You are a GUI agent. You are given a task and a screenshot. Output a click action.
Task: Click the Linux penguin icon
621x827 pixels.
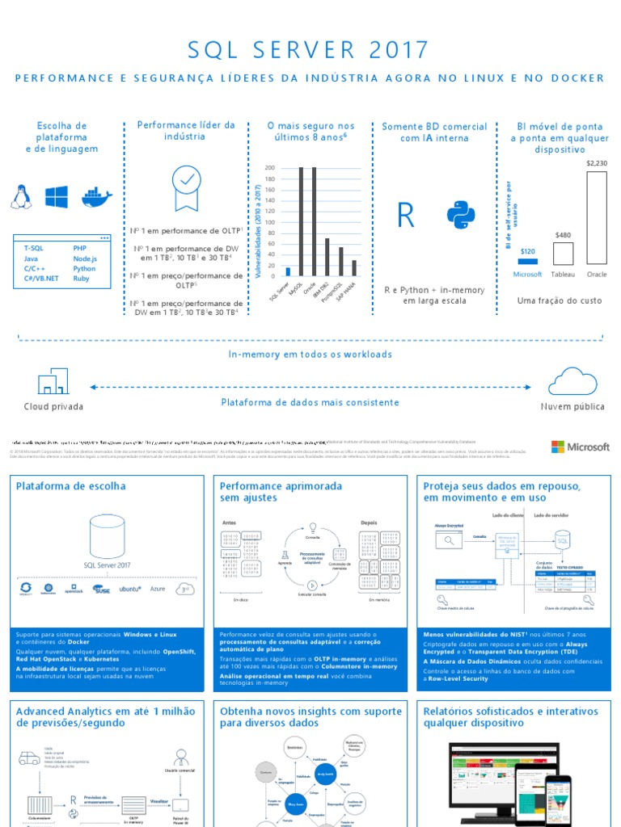click(x=21, y=196)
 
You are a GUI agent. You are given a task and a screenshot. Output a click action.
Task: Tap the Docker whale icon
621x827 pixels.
click(x=94, y=197)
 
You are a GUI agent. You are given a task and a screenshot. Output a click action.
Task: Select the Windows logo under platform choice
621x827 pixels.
click(x=57, y=197)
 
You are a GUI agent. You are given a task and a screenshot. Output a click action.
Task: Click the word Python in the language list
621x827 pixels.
click(x=84, y=268)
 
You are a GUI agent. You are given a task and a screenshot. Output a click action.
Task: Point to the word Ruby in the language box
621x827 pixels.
click(x=81, y=279)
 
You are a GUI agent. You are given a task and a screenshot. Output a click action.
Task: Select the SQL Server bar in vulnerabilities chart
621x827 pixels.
click(x=289, y=271)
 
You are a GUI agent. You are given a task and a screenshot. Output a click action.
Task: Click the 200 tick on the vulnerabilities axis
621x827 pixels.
click(x=269, y=168)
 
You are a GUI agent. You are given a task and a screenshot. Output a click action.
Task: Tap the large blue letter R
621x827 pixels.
click(x=406, y=216)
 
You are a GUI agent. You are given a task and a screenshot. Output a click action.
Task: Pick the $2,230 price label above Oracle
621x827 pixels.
click(x=596, y=163)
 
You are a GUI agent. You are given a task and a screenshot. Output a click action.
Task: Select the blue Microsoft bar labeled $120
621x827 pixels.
click(x=528, y=262)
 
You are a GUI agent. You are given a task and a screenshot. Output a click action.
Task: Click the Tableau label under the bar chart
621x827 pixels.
click(x=563, y=275)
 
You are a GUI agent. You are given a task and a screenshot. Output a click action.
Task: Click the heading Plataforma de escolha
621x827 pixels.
click(x=70, y=486)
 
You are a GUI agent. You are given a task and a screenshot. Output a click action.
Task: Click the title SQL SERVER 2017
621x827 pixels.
click(x=309, y=50)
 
